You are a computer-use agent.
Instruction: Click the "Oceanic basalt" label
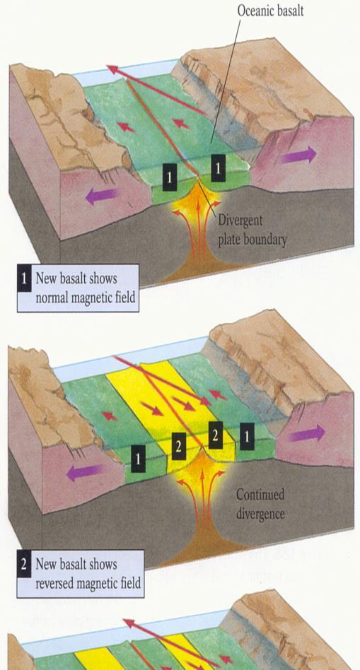[270, 11]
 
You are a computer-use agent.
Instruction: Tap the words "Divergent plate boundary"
[252, 230]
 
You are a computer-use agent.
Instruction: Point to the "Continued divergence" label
[260, 504]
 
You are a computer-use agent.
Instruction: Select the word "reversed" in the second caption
[54, 582]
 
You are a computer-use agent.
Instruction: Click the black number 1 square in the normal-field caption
[24, 278]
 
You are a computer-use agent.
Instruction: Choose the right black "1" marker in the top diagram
[218, 168]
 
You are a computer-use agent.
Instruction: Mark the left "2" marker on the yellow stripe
[179, 446]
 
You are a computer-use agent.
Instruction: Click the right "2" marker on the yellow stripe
[216, 435]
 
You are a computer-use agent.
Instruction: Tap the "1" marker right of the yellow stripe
[247, 436]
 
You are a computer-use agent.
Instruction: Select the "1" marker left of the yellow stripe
[138, 459]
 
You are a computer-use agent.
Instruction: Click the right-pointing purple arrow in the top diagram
[299, 155]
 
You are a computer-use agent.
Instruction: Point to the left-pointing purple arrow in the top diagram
[102, 196]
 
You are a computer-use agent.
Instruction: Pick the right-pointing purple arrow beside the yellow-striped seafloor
[307, 434]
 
